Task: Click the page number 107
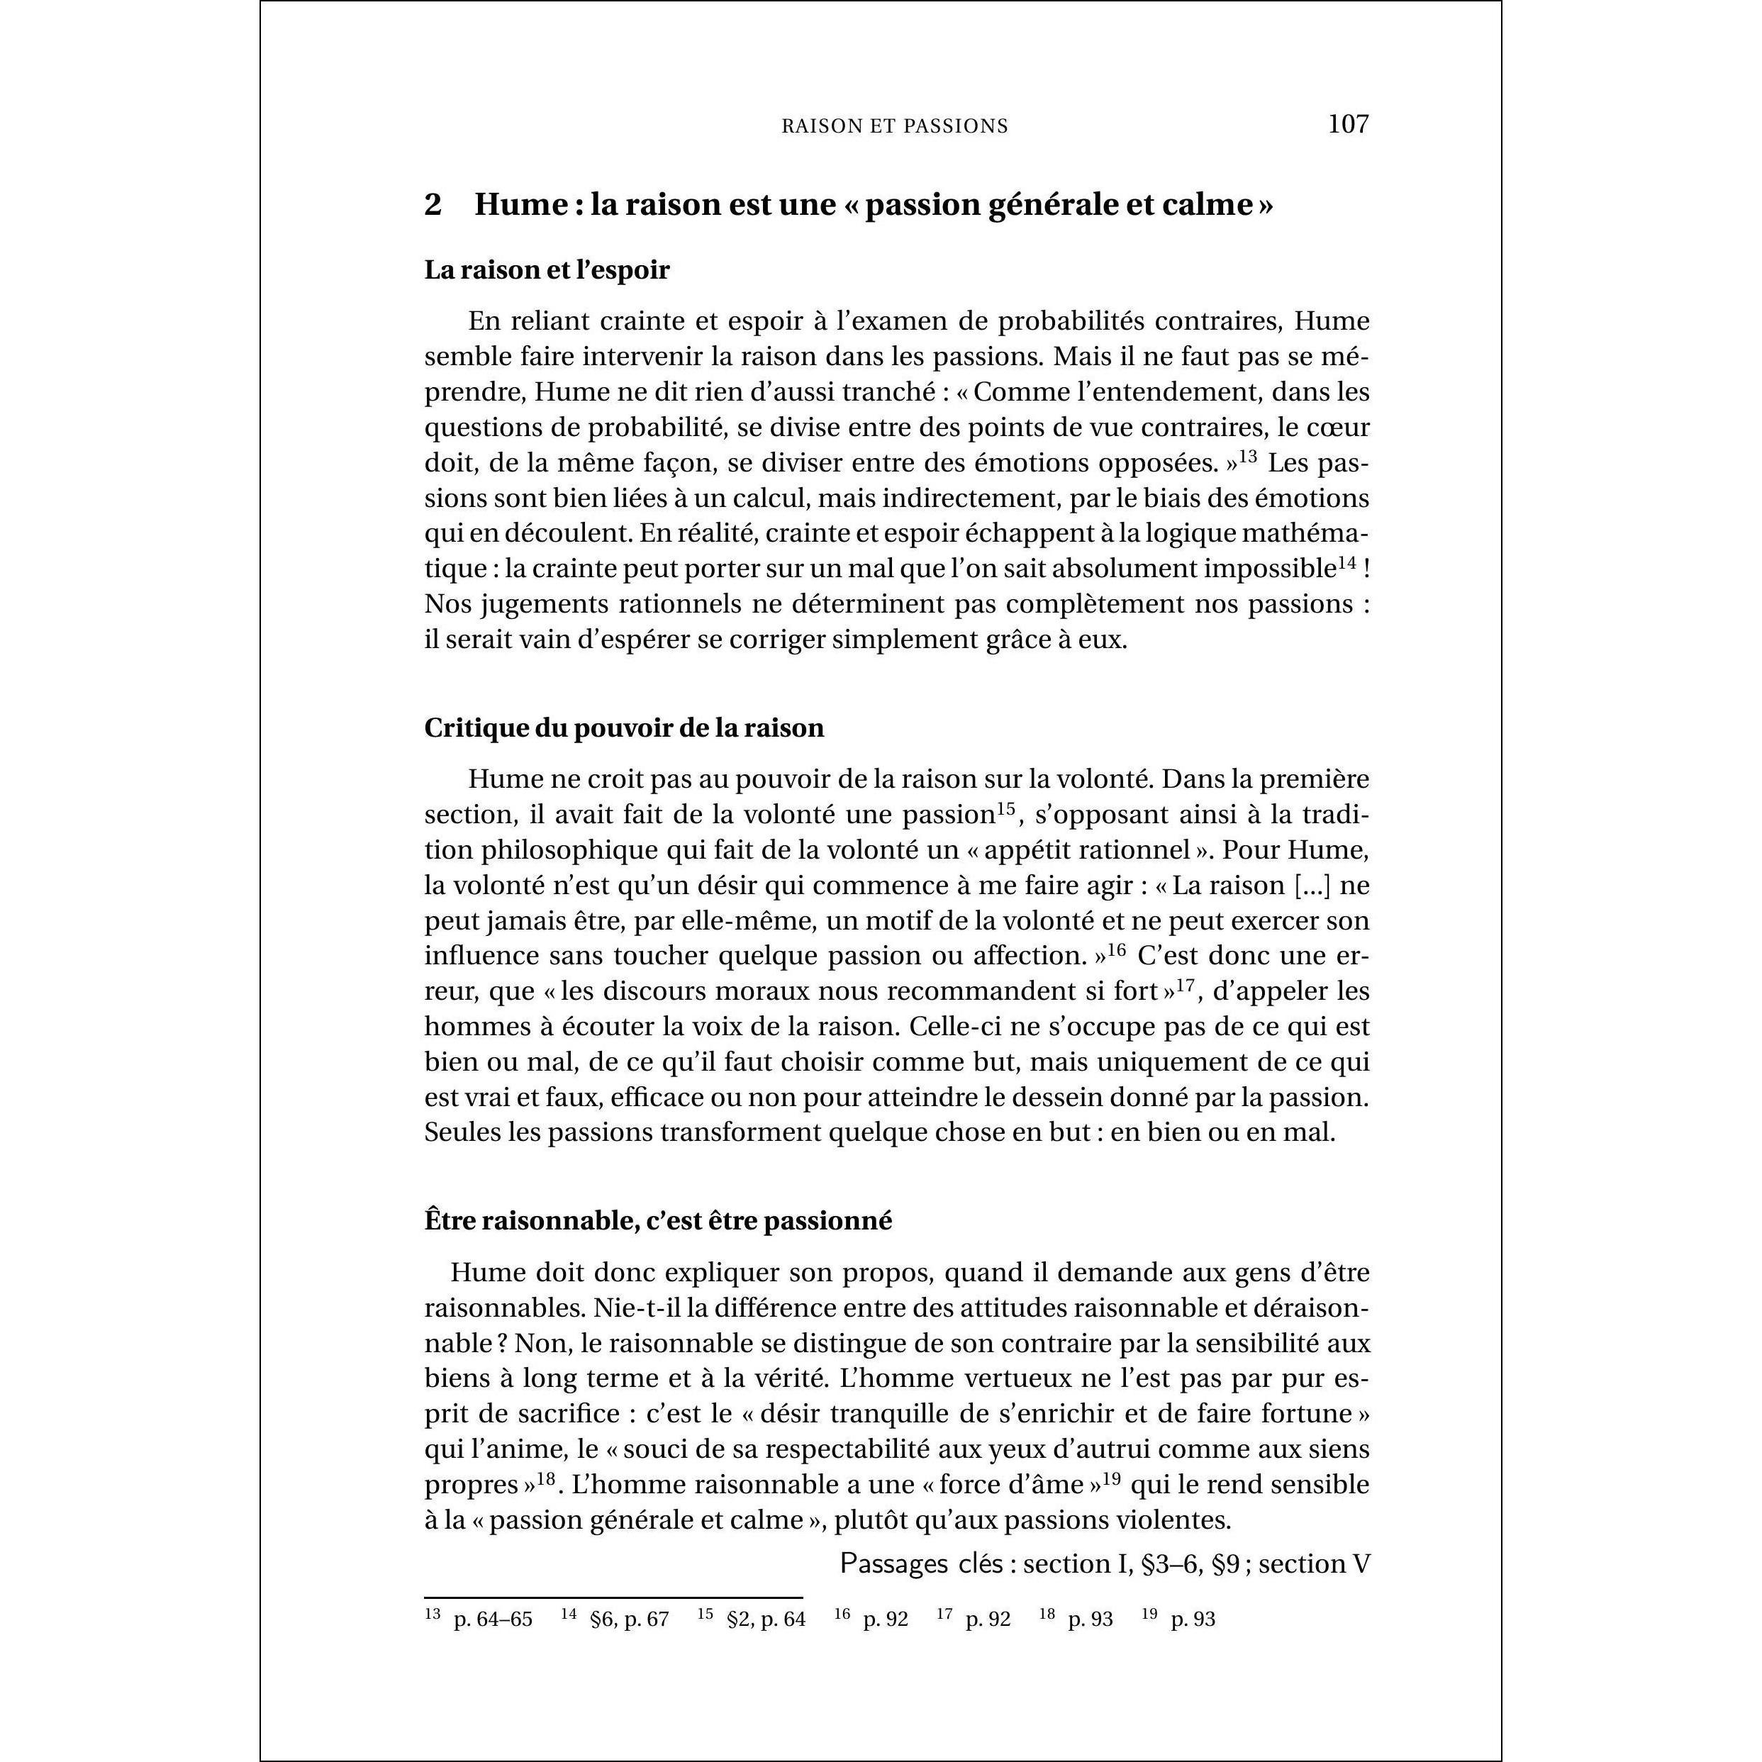tap(1348, 124)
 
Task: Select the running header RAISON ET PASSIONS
tap(895, 127)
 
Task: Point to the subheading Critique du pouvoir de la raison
tap(624, 727)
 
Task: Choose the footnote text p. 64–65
tap(493, 1619)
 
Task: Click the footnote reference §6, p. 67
tap(630, 1619)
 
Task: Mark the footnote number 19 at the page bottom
tap(1149, 1615)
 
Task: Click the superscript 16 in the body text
tap(1117, 949)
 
